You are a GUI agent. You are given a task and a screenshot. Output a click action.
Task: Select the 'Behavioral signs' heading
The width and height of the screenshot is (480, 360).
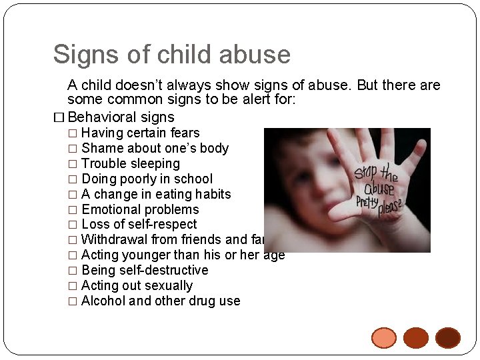121,117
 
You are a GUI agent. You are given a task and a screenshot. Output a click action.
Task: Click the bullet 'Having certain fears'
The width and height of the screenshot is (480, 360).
140,133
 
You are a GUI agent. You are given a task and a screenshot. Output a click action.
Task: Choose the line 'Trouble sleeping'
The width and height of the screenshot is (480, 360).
130,163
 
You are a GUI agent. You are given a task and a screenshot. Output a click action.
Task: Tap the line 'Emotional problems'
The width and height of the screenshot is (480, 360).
140,209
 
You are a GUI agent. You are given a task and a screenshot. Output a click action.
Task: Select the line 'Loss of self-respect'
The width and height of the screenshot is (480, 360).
139,224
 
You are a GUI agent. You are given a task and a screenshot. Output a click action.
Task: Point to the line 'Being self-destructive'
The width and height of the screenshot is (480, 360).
145,270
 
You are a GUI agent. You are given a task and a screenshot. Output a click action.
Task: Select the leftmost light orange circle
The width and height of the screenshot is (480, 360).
384,338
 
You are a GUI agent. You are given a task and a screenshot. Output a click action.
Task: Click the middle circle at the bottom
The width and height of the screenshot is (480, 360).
416,338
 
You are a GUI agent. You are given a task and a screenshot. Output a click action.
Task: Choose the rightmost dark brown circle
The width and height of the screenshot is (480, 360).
448,338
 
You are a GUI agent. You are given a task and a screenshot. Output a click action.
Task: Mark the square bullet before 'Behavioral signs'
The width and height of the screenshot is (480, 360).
59,118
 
